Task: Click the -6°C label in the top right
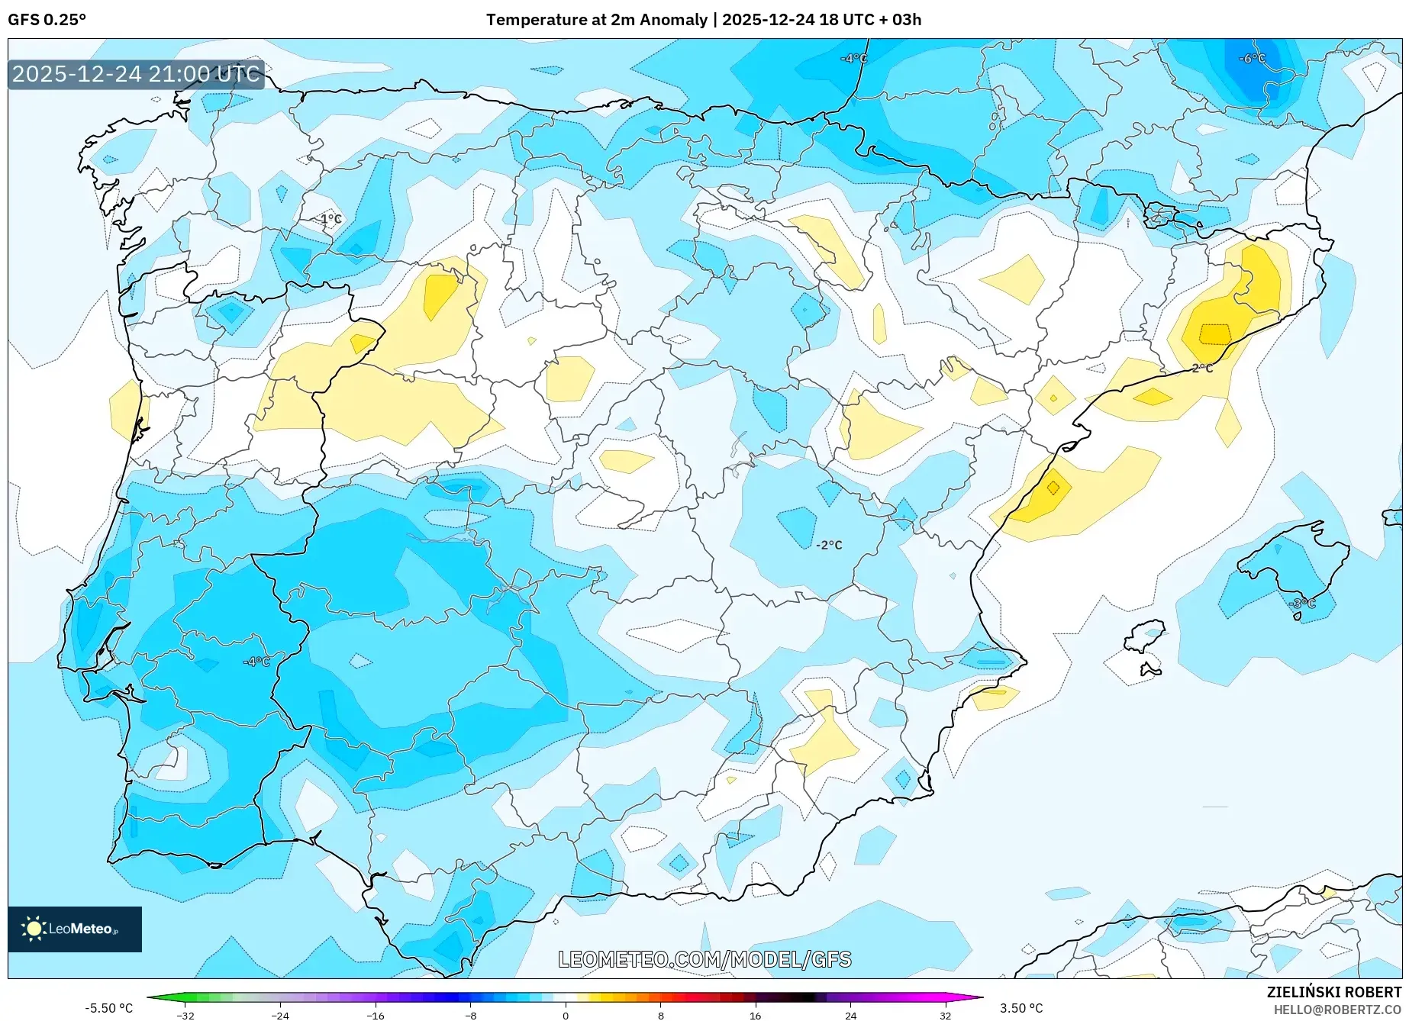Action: (1252, 59)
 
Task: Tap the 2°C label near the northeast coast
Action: (1202, 369)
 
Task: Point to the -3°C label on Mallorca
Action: (1303, 604)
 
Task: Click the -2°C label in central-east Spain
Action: (829, 545)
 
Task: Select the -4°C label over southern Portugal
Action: (256, 662)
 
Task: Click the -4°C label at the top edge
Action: (853, 59)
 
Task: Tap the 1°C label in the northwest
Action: (330, 219)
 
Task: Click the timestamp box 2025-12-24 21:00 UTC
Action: (136, 74)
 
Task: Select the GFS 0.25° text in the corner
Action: (47, 20)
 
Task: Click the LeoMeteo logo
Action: (74, 929)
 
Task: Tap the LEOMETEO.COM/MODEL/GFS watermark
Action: (704, 959)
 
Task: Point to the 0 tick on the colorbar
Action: (566, 1015)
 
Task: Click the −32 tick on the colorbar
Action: (185, 1015)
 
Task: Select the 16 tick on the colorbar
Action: (755, 1015)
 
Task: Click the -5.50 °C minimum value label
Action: (108, 1008)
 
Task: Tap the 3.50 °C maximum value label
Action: (1021, 1008)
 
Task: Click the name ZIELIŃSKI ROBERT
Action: (1334, 992)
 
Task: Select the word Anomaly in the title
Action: (673, 20)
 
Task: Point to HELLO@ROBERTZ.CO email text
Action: (1337, 1010)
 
